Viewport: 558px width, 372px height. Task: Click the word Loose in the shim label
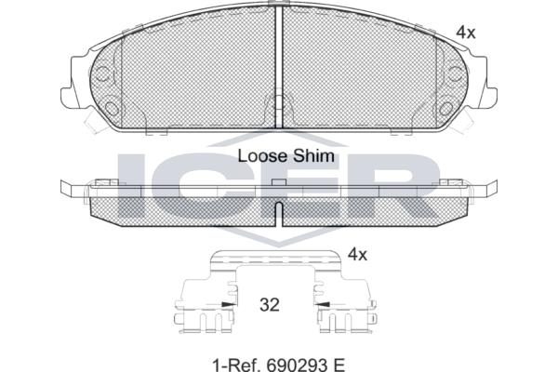pos(262,156)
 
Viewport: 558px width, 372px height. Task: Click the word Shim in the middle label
pos(313,156)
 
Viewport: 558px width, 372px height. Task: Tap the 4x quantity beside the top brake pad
pos(466,33)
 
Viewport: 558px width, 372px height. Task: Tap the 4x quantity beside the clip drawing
pos(357,255)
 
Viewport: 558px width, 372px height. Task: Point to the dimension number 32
pos(270,305)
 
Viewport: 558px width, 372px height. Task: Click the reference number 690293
pos(292,365)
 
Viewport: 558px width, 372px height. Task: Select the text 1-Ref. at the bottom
pos(236,365)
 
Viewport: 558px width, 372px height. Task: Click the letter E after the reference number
pos(339,365)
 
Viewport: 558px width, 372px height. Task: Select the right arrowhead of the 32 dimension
pos(322,304)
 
